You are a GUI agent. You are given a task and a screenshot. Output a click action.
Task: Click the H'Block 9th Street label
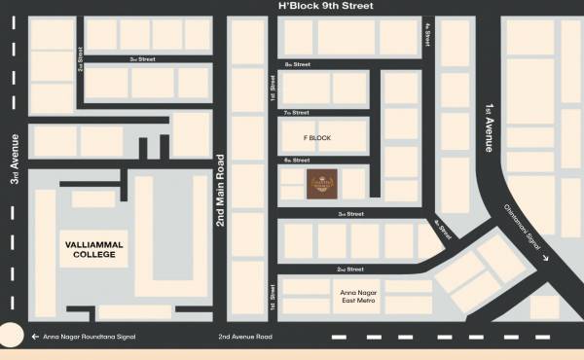326,7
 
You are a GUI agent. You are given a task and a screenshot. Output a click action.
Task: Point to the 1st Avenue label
490,127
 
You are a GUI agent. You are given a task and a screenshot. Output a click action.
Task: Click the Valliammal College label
89,249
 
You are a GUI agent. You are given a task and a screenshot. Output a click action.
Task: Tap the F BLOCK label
317,138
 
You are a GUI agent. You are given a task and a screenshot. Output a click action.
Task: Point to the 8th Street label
297,64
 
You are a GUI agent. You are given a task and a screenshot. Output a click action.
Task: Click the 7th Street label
296,113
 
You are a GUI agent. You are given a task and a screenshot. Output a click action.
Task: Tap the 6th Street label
296,160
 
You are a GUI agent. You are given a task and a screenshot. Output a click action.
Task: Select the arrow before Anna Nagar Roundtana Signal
34,337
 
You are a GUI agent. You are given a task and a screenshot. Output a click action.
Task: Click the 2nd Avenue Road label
245,337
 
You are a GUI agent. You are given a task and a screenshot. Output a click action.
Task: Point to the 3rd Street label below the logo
350,213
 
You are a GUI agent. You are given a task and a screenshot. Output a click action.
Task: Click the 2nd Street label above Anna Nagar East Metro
349,268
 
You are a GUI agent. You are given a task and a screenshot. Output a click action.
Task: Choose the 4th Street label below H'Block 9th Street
427,37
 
